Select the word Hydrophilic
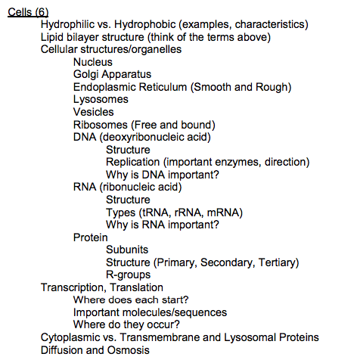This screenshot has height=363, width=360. point(69,25)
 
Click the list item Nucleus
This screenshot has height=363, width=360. point(93,62)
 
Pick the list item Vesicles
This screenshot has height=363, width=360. point(94,112)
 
